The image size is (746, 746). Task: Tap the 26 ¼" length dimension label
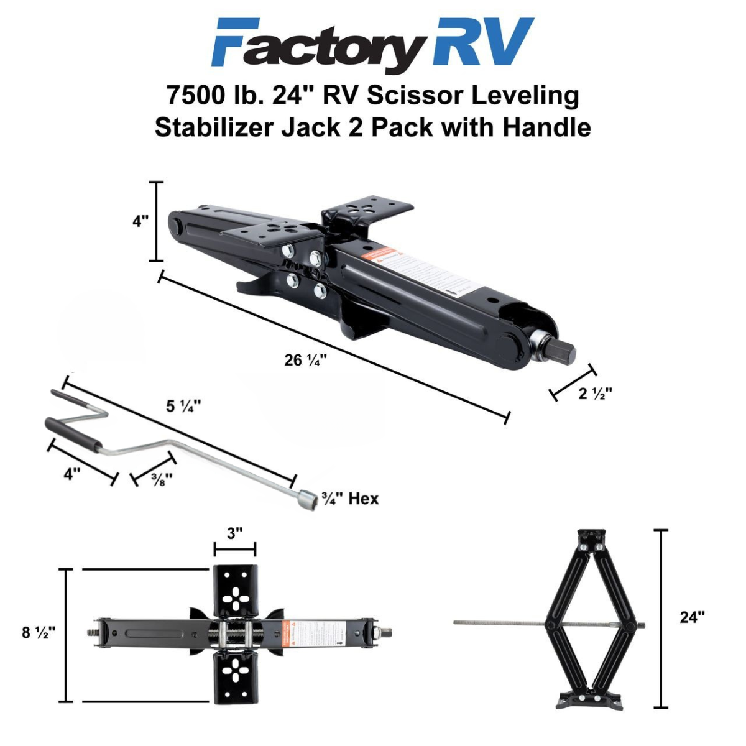pos(306,360)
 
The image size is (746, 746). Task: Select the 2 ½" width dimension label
pos(595,393)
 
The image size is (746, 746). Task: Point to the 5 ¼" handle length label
pos(183,406)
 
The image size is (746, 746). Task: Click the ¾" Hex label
pos(349,498)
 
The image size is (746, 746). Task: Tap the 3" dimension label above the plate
pos(234,533)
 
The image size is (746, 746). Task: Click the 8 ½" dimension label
pos(39,632)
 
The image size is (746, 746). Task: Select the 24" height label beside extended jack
pos(692,617)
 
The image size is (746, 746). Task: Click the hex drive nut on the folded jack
pos(563,353)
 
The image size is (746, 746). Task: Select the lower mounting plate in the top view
pos(235,676)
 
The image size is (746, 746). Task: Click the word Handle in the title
pos(546,127)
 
